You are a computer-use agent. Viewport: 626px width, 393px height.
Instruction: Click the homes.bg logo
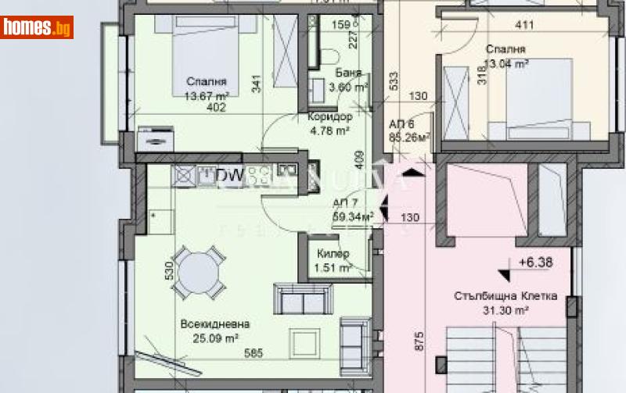tap(38, 27)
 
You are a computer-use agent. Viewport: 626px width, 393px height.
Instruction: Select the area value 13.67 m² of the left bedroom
tap(207, 96)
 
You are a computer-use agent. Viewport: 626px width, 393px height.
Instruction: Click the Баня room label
tap(348, 73)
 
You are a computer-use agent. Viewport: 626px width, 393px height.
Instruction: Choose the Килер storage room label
tap(333, 255)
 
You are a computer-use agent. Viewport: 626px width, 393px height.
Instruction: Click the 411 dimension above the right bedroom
tap(523, 25)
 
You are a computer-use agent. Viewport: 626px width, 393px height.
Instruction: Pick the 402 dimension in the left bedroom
tap(216, 108)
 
